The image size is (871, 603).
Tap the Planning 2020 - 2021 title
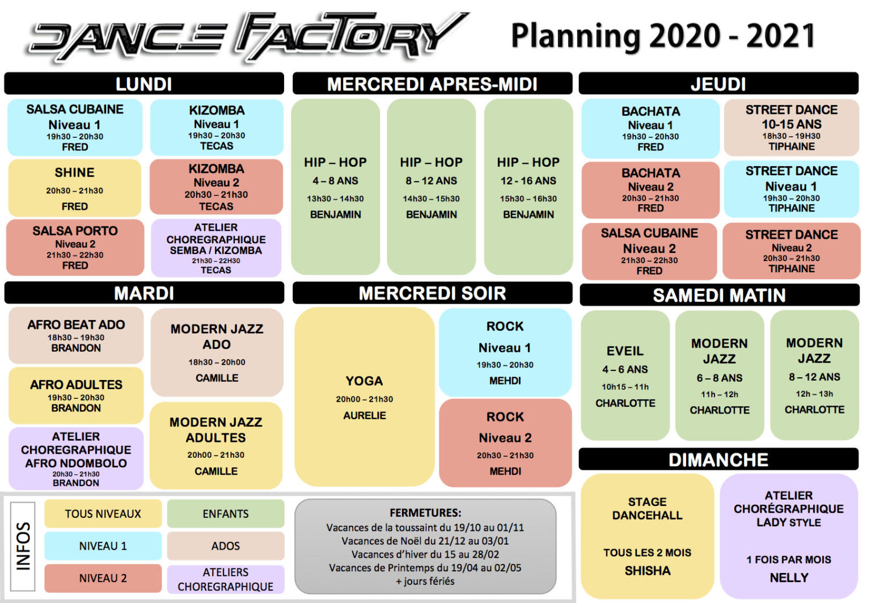(662, 36)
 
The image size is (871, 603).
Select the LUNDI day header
(144, 84)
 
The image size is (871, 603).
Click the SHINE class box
(75, 188)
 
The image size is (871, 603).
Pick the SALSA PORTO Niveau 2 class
(75, 247)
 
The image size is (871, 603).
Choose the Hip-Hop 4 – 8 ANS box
(335, 187)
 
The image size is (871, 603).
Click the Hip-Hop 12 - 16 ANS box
(528, 187)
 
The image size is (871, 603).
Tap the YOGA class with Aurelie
(364, 397)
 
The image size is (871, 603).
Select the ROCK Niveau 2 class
(505, 443)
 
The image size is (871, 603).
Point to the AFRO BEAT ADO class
(76, 335)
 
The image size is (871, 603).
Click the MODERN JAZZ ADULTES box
(216, 445)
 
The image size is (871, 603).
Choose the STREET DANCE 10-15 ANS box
(791, 128)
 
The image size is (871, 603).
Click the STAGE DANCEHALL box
(647, 536)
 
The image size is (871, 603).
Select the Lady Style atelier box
(788, 536)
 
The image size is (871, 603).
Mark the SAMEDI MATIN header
(719, 295)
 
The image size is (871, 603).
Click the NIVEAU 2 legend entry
(103, 578)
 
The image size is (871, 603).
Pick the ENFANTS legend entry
(226, 514)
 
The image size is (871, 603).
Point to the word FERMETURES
(425, 513)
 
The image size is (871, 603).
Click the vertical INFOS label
(23, 546)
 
